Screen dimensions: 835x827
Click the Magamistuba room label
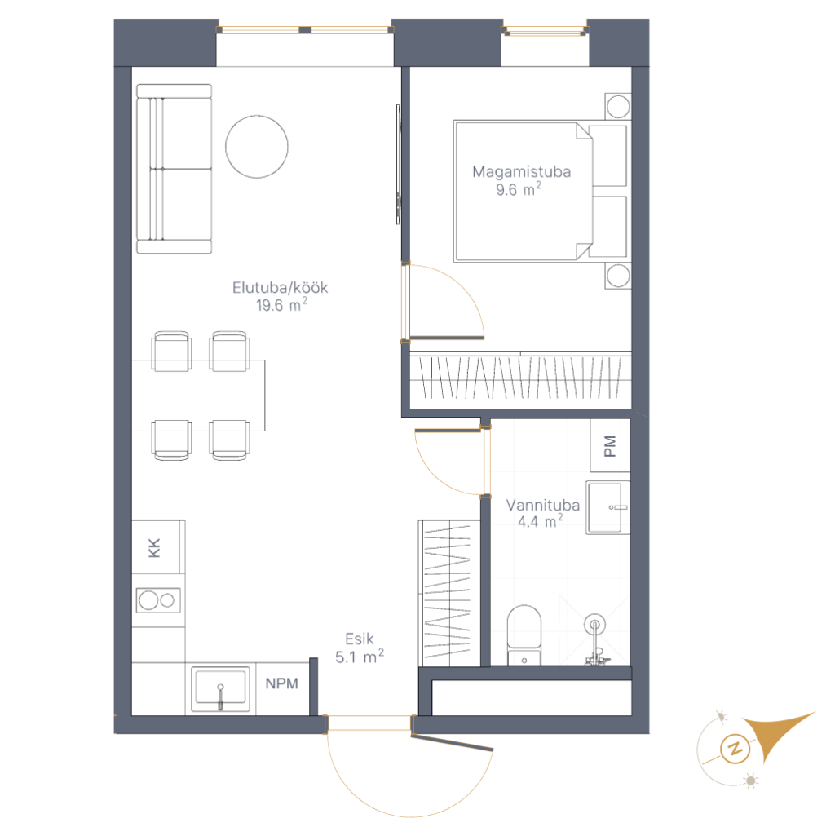click(521, 171)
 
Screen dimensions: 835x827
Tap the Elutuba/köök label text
click(281, 288)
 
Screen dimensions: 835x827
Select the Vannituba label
click(542, 505)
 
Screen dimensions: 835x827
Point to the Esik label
click(360, 639)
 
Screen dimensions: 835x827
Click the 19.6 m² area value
click(281, 304)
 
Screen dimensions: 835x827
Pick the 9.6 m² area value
click(519, 189)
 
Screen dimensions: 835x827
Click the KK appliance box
click(158, 547)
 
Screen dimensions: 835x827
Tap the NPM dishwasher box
click(282, 688)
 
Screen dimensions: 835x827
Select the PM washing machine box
click(610, 446)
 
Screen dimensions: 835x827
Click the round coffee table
click(257, 147)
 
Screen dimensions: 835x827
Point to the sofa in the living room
click(175, 168)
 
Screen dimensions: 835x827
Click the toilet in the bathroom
click(524, 635)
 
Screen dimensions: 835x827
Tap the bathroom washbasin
click(607, 507)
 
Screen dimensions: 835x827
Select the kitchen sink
click(220, 689)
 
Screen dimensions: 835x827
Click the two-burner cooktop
click(158, 600)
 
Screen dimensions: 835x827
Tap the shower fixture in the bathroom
click(595, 639)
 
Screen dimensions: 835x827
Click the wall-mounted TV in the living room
click(398, 164)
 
